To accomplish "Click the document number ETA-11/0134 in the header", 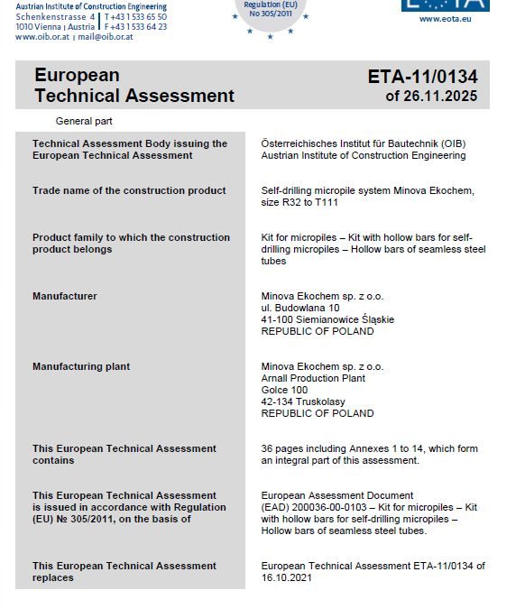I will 422,77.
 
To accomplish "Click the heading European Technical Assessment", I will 134,86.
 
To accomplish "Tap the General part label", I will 84,121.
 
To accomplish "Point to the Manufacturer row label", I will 64,296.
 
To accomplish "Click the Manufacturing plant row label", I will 80,366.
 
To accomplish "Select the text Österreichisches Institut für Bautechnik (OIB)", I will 363,143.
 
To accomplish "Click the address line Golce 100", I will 284,390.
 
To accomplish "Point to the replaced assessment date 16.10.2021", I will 286,577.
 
